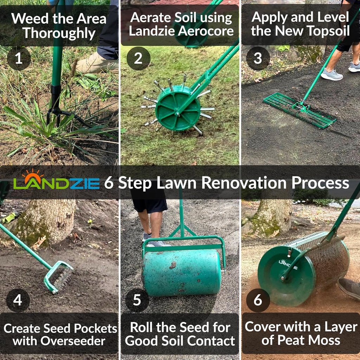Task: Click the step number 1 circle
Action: point(19,58)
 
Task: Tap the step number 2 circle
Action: point(138,58)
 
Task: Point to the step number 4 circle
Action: point(18,300)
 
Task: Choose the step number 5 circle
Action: point(137,300)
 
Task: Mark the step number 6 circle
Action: point(258,300)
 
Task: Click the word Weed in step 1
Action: point(30,19)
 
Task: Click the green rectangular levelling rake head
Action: point(299,110)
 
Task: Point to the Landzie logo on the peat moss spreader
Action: point(288,264)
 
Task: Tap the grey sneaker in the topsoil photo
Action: point(331,75)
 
